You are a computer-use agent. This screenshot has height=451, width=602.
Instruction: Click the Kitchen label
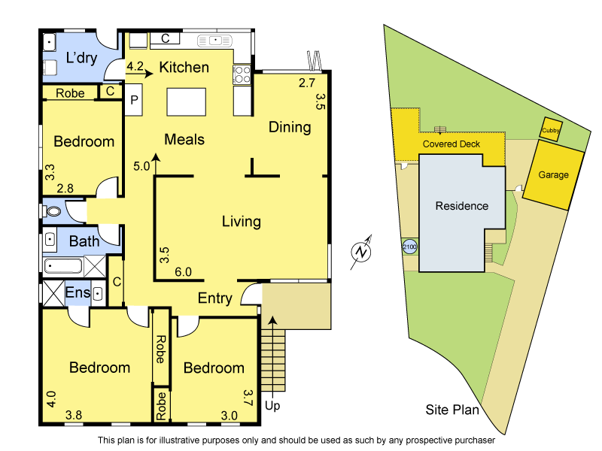[184, 68]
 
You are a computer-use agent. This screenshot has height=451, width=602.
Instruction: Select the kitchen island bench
[186, 101]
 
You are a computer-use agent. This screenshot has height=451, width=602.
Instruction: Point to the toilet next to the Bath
[53, 211]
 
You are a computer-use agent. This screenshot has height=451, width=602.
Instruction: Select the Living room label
[241, 222]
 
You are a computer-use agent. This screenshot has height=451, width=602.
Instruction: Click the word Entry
[214, 298]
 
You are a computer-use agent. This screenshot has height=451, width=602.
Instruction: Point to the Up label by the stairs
[273, 406]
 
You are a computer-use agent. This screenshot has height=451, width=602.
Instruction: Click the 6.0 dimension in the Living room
[183, 272]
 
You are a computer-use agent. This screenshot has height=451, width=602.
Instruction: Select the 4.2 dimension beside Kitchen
[135, 66]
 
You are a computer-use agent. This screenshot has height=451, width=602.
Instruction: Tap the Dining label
[290, 127]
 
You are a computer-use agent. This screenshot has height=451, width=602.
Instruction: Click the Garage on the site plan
[553, 175]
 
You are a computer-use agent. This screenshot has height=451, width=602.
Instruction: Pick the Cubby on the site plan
[551, 129]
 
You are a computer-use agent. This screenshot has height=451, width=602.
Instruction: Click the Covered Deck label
[451, 144]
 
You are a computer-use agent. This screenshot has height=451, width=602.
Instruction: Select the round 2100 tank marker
[409, 246]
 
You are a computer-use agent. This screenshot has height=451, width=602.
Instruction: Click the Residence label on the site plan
[462, 206]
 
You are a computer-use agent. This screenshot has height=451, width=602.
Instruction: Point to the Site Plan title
[451, 410]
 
